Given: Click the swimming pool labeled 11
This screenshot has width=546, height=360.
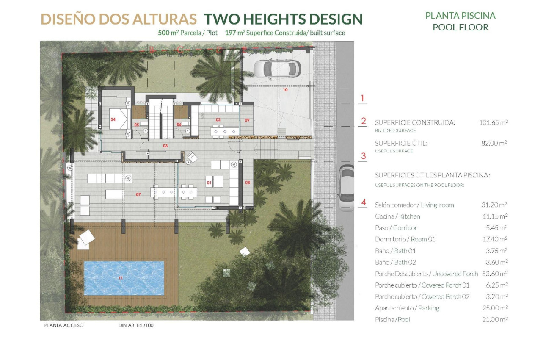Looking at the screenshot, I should (x=124, y=278).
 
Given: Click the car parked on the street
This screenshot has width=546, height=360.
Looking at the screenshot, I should (x=346, y=188).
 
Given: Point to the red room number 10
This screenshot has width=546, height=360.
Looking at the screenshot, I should (x=285, y=90).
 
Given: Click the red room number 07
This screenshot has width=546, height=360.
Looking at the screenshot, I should (x=138, y=194).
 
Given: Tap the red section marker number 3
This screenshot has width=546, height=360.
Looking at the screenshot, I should (x=363, y=156).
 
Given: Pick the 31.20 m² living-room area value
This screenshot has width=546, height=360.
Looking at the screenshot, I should (x=494, y=205).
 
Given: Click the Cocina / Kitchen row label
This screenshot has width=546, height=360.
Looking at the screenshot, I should (x=397, y=216).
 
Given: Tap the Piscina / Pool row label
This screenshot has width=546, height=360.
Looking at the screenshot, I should (x=392, y=319).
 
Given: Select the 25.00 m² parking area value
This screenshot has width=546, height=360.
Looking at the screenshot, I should (x=494, y=308).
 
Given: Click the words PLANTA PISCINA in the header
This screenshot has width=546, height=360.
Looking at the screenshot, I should (x=460, y=16).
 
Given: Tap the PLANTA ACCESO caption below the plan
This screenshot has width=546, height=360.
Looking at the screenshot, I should (x=64, y=326).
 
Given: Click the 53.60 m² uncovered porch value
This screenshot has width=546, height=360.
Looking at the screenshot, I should (x=494, y=274).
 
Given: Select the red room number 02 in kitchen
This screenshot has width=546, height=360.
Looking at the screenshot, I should (x=218, y=120).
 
